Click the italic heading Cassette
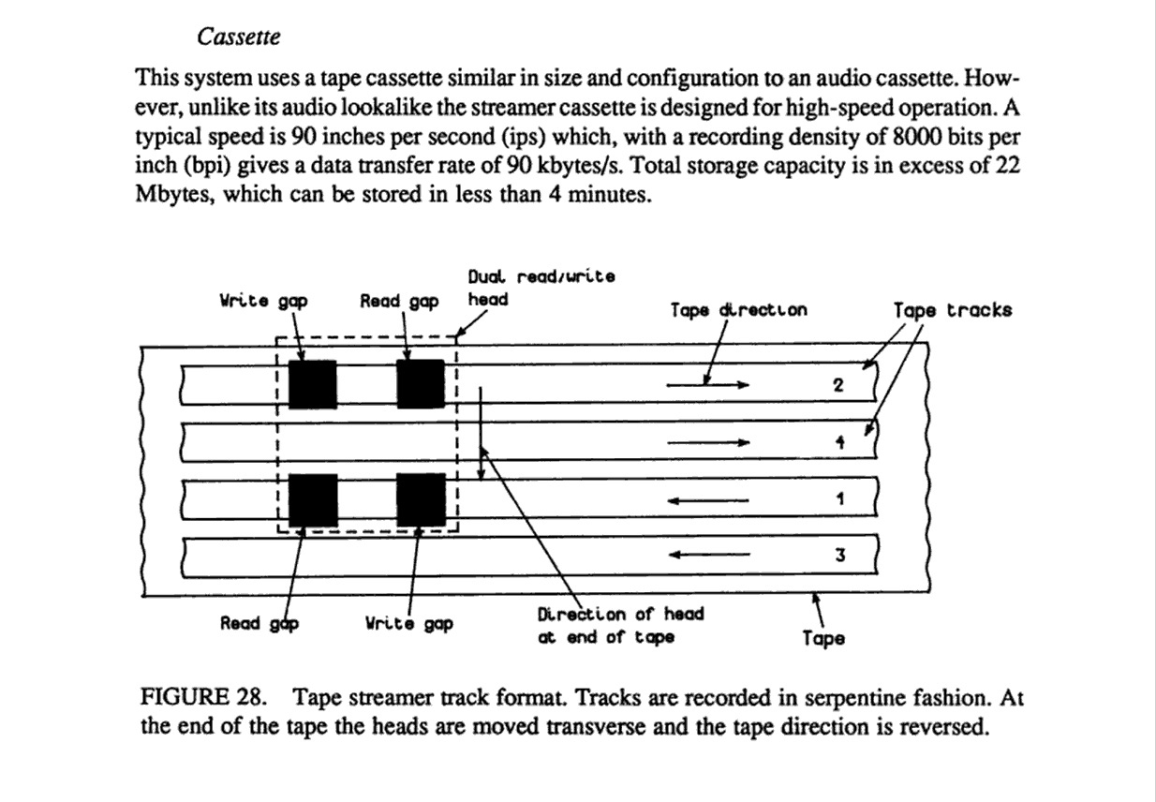239,37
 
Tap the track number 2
839,385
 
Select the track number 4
840,443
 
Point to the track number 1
840,499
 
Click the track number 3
840,556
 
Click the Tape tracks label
952,310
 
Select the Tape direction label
738,309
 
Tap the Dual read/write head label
541,288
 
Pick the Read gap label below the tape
259,623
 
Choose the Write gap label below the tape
409,623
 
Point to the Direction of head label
620,625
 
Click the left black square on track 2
312,384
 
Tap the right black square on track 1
421,500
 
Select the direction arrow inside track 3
707,556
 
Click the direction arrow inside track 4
707,442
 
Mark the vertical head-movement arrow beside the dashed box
481,431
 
